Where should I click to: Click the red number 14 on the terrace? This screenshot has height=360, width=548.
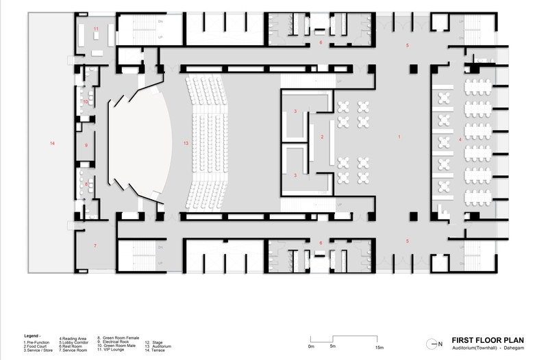pos(51,143)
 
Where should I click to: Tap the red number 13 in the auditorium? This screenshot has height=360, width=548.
pos(186,143)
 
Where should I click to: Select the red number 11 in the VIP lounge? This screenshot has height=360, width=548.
pos(97,28)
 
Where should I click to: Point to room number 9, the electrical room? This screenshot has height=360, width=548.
pos(86,145)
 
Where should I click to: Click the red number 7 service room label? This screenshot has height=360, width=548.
pos(96,245)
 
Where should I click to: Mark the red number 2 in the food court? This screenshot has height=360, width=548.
pos(321,138)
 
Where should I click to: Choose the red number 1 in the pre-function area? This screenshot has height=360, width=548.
pos(399,138)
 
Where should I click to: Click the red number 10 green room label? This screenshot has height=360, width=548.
pos(86,102)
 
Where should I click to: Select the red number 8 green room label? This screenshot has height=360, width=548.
pos(86,183)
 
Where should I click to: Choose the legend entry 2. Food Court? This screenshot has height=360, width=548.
pos(37,346)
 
